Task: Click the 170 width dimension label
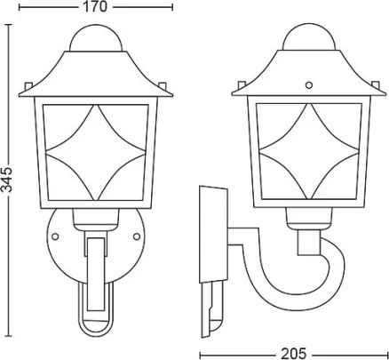(x=95, y=7)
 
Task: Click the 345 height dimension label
(x=6, y=180)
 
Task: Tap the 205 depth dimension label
(x=293, y=353)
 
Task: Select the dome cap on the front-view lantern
(x=95, y=39)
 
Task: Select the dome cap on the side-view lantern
(x=309, y=36)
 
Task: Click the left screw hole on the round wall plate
(x=55, y=236)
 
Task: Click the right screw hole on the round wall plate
(x=137, y=236)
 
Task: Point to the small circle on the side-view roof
(x=309, y=85)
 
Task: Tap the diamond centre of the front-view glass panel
(x=95, y=152)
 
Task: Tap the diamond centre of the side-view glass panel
(x=309, y=151)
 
